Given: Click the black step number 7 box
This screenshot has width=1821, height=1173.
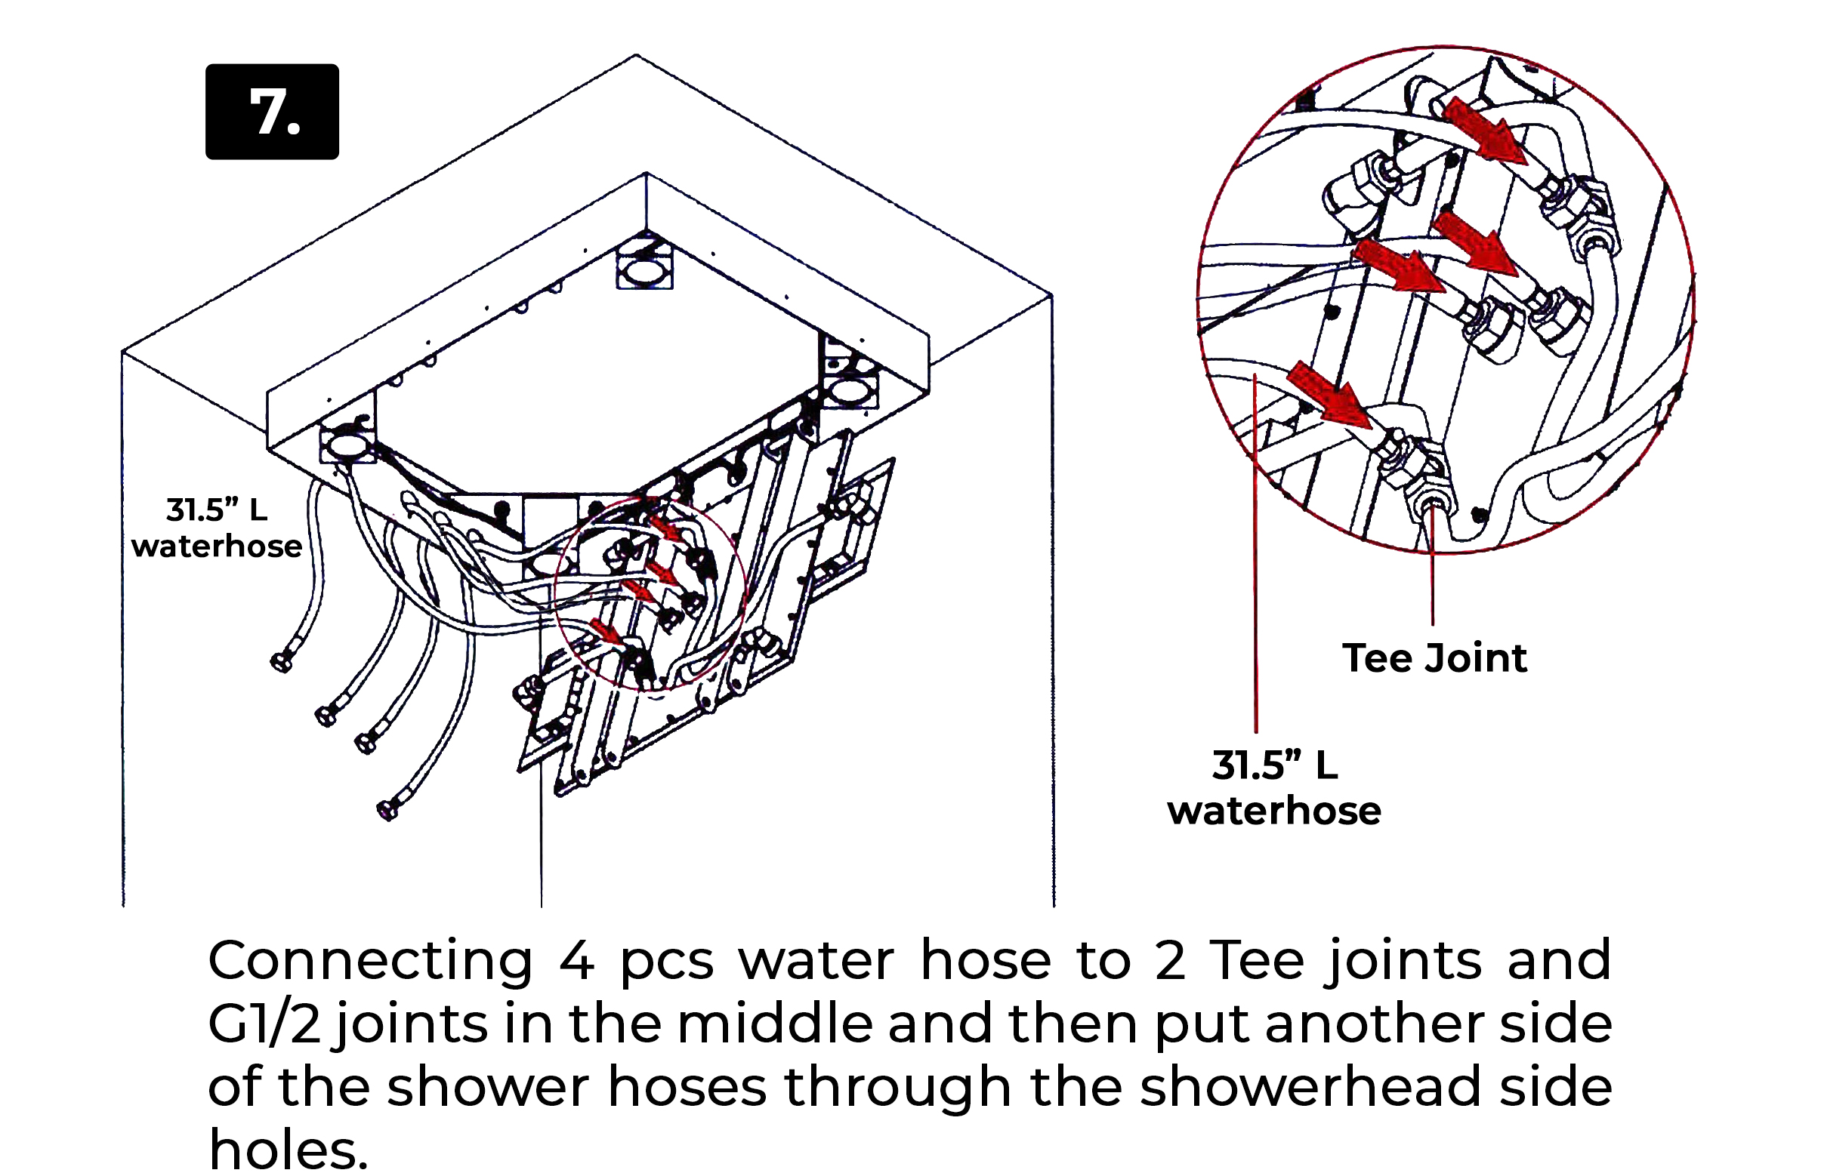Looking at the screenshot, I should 272,112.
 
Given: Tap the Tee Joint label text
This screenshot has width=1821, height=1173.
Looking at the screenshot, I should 1434,658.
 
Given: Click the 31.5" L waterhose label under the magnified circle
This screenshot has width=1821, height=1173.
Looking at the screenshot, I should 1274,788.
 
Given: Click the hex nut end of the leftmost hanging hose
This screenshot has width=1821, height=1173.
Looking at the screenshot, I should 281,663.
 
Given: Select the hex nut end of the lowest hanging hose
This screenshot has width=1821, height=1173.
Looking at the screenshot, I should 387,810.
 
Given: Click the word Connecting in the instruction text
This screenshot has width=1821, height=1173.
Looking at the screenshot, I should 370,960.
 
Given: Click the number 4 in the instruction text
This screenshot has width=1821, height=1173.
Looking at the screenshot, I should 577,962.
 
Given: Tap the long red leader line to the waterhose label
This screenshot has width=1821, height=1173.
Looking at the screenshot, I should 1255,571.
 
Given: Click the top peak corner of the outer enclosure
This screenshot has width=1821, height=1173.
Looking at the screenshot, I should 635,56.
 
